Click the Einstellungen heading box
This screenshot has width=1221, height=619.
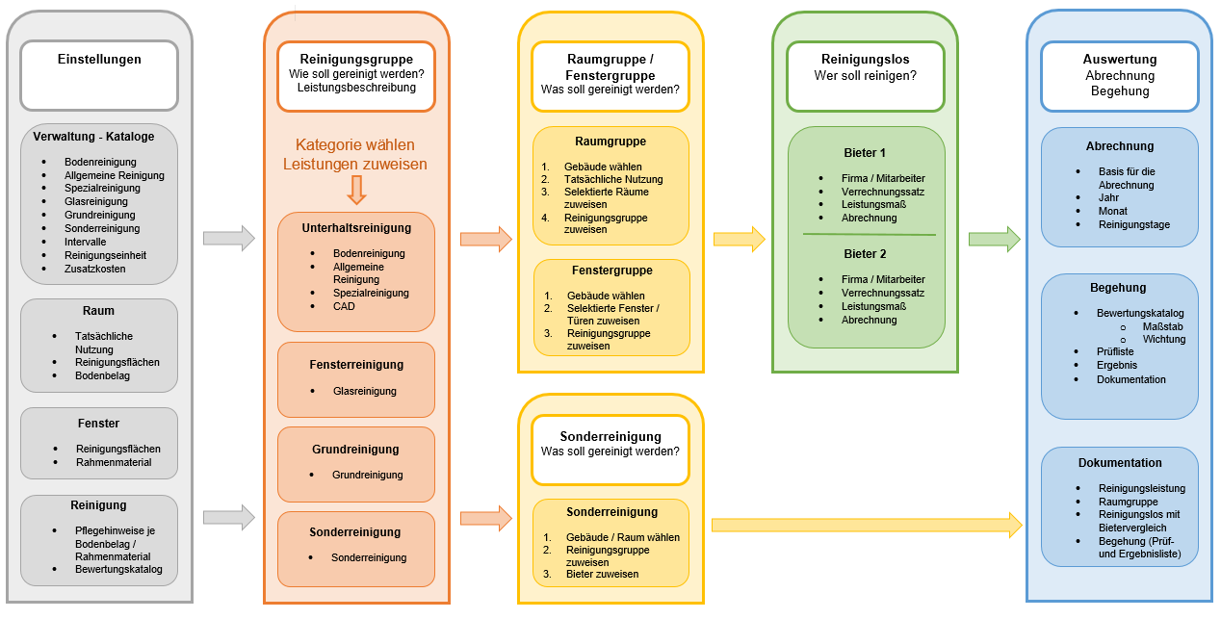(x=99, y=75)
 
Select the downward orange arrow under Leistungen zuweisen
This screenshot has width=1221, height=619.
(x=356, y=190)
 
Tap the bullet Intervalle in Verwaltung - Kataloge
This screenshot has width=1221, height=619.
(x=86, y=242)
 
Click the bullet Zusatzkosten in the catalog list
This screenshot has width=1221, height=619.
(x=94, y=269)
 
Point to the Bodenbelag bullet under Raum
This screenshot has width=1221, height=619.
(x=102, y=375)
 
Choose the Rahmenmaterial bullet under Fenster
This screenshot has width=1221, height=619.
(x=114, y=462)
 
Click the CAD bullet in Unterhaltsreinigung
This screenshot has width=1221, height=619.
(x=344, y=306)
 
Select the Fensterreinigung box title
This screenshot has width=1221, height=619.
(x=356, y=365)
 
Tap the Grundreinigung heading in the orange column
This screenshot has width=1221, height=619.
(x=355, y=450)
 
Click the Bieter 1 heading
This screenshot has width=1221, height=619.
(x=864, y=153)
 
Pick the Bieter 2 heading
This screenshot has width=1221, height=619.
(x=864, y=254)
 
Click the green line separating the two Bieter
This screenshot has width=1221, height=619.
(x=869, y=234)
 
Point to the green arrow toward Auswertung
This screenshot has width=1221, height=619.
(x=994, y=240)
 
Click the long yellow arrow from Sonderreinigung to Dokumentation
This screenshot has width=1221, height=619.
(x=866, y=525)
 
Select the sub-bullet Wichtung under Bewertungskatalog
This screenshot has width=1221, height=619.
(x=1163, y=339)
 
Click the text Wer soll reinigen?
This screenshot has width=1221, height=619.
(x=865, y=75)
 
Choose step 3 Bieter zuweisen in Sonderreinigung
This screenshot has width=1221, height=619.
(x=601, y=574)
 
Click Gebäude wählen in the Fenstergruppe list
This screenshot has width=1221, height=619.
(x=606, y=296)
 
